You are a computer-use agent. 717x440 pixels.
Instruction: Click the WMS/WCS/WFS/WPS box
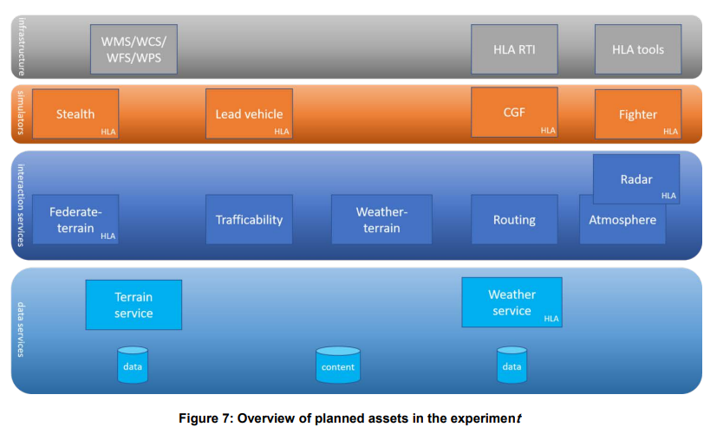[134, 49]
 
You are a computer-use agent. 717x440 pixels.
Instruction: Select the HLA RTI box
[514, 49]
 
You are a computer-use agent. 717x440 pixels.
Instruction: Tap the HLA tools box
[638, 49]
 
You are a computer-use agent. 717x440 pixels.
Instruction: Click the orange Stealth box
[75, 113]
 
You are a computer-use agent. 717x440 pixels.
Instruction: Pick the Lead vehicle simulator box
[249, 113]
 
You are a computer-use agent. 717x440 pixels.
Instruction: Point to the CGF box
[514, 113]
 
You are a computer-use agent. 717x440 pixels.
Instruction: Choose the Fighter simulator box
[638, 114]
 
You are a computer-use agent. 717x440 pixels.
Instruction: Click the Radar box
[636, 179]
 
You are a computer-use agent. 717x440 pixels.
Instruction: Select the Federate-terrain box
[75, 219]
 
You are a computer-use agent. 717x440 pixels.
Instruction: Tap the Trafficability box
[249, 219]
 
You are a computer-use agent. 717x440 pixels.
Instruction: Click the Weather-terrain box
[381, 219]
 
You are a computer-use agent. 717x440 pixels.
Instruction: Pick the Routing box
[514, 219]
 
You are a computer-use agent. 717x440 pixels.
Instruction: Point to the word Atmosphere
[622, 220]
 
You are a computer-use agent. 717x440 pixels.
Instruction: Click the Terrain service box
[134, 305]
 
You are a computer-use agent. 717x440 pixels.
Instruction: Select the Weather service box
[512, 302]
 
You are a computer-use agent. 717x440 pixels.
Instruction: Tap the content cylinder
[338, 365]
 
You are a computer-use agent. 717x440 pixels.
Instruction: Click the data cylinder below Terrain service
[133, 365]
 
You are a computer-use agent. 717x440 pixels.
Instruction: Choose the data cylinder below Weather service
[512, 365]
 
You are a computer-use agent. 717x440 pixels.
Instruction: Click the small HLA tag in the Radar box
[668, 196]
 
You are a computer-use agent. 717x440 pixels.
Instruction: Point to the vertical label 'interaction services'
[21, 205]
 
